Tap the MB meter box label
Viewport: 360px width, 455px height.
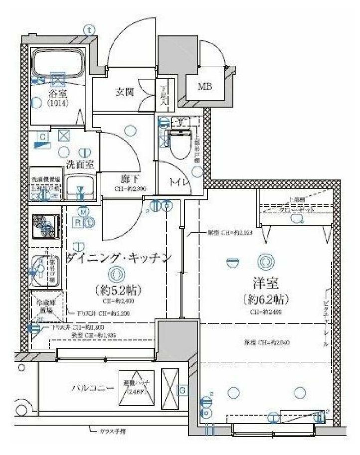(204, 86)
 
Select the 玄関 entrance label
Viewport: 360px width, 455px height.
(125, 92)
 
